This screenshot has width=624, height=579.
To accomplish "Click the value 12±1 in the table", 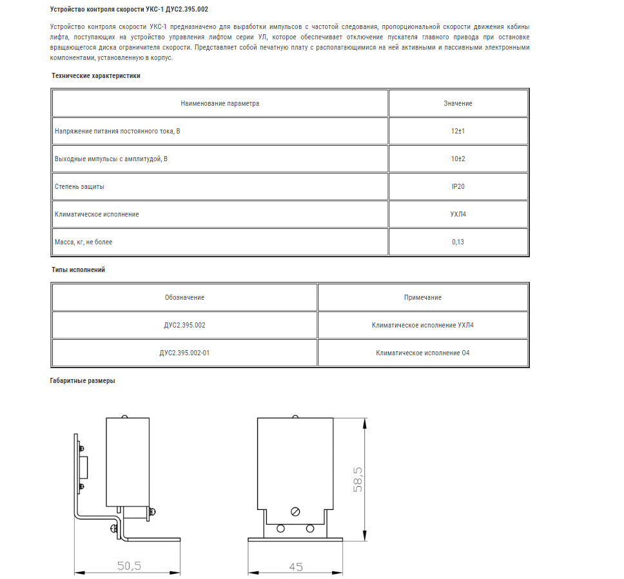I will click(458, 131).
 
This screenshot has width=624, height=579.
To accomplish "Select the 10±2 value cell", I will click(458, 159).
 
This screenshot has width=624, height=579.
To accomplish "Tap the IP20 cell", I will click(458, 186).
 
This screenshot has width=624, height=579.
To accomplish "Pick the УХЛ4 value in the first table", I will click(458, 214).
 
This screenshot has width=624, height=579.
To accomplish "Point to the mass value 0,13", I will click(458, 242).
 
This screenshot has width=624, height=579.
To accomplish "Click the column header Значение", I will click(458, 103).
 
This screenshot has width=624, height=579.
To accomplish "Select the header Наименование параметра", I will click(220, 103).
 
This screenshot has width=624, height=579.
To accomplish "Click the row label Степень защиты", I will click(79, 186).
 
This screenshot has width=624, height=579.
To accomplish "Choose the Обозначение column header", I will click(184, 297).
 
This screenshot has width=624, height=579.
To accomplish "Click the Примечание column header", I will click(423, 297).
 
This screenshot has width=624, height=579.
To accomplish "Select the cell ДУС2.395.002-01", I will click(184, 353).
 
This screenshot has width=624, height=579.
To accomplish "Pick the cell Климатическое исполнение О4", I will click(423, 353).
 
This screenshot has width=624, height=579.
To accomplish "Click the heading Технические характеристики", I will click(95, 75).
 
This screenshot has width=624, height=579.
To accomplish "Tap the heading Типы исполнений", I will click(78, 270).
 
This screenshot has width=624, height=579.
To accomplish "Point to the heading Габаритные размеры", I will click(83, 380).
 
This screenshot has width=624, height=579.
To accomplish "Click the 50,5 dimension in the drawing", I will click(129, 566).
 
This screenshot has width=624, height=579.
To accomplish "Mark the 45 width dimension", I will click(296, 567).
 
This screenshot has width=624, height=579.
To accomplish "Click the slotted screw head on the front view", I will click(295, 512).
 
